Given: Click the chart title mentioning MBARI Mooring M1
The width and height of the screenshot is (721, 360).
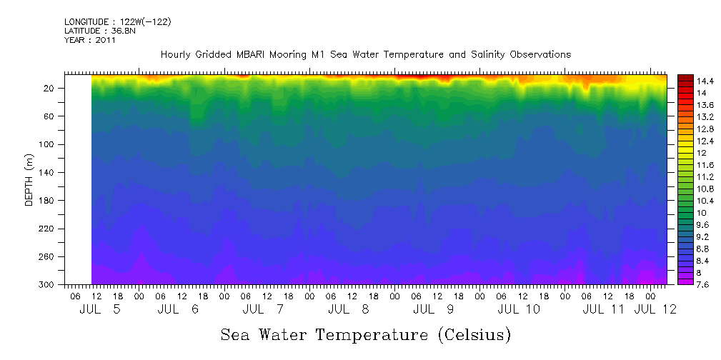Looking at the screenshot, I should (365, 54).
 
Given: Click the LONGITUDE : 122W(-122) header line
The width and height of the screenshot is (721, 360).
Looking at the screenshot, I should (117, 21).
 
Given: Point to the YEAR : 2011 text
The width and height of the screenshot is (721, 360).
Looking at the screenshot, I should (89, 40).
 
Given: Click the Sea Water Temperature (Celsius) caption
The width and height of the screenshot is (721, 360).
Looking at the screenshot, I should (365, 334).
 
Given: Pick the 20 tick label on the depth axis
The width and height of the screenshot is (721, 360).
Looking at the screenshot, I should (49, 88).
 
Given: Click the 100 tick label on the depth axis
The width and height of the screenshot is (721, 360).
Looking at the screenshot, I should (47, 144).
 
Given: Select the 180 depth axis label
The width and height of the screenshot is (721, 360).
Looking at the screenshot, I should (47, 201).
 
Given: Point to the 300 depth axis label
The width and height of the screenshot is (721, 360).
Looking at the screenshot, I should (47, 284).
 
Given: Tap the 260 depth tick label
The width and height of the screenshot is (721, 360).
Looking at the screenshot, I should (47, 256).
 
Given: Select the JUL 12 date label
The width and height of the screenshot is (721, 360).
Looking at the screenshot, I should (655, 309).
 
